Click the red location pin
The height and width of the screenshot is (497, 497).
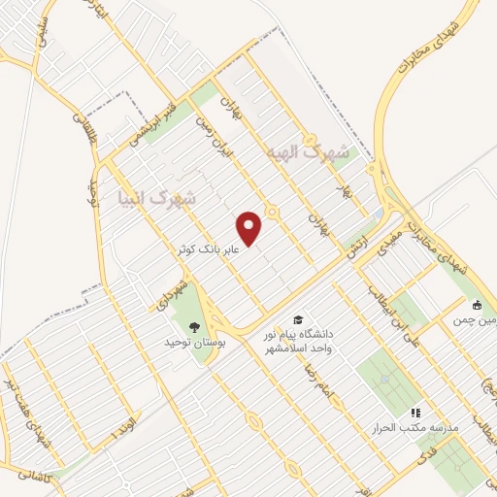(x=250, y=228)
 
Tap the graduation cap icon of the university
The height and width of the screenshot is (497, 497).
(x=298, y=319)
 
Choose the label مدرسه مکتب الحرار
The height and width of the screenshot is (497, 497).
(x=404, y=427)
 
